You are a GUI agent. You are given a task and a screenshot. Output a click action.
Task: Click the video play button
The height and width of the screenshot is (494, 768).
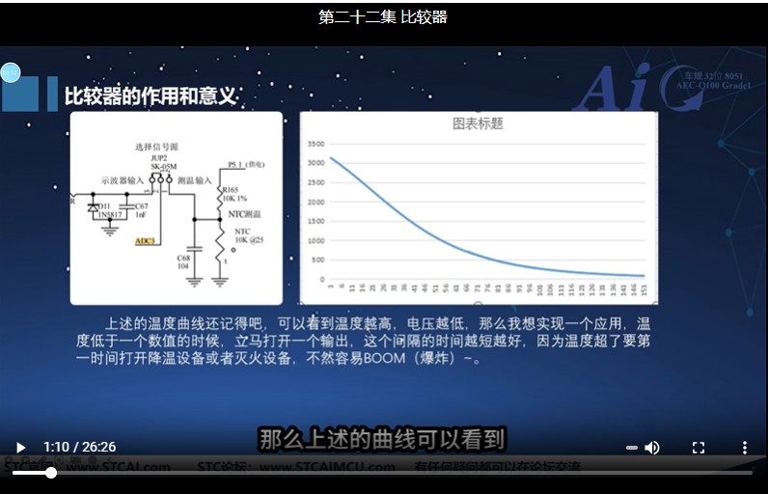[20, 448]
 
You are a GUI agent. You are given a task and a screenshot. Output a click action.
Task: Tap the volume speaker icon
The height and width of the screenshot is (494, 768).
[652, 448]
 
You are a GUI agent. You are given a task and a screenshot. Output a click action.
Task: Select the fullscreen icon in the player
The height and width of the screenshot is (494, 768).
[699, 448]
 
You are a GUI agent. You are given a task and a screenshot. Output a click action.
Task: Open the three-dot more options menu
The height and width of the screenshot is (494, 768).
[744, 448]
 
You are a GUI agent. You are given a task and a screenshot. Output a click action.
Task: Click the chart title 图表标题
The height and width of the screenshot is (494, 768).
[479, 123]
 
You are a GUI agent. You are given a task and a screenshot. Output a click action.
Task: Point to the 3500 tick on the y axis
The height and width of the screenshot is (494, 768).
[315, 144]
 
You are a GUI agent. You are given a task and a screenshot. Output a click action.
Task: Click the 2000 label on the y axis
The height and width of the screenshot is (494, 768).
[315, 200]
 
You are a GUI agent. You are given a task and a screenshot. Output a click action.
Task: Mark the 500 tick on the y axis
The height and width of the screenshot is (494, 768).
[318, 257]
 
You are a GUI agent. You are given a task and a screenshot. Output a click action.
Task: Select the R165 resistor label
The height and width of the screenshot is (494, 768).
[232, 191]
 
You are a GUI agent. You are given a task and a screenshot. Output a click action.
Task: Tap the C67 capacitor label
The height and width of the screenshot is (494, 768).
[141, 206]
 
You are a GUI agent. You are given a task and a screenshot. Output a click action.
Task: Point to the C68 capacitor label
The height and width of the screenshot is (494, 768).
[182, 259]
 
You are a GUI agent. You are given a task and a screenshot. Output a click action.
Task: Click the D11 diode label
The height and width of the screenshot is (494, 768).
[103, 206]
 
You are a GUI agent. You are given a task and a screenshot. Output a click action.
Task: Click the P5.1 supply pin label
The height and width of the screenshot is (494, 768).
[235, 165]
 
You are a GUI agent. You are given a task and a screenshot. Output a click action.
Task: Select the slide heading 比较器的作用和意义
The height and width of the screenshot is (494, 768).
[151, 96]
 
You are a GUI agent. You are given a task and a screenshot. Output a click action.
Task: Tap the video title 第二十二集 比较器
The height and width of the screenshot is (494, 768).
[383, 17]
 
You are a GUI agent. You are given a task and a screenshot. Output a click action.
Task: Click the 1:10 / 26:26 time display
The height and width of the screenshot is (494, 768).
[79, 448]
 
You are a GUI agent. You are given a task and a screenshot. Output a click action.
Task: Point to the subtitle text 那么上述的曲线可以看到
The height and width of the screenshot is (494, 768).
[382, 440]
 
